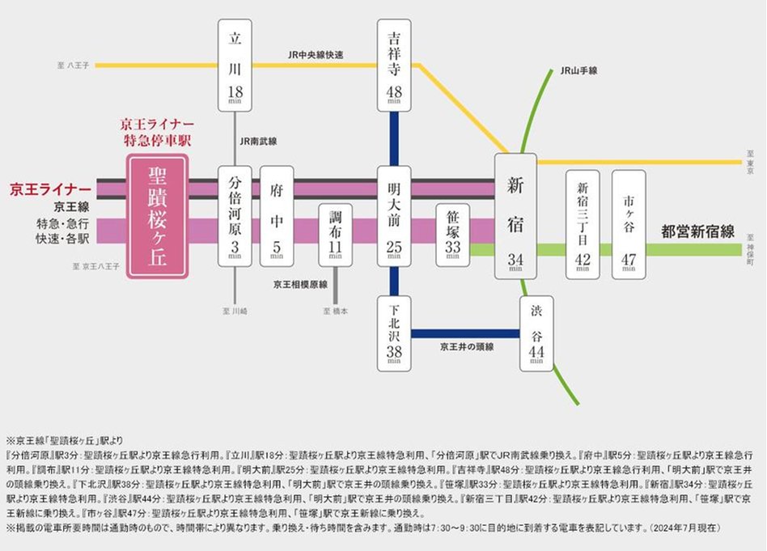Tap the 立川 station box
point(235,66)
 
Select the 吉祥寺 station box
point(394,66)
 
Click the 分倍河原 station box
point(235,216)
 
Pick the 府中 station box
point(277,216)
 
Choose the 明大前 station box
point(394,216)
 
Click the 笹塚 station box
point(452,235)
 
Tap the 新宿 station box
point(515,216)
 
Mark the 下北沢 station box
point(394,333)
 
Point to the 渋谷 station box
point(536,333)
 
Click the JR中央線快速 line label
point(316,55)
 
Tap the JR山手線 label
point(578,71)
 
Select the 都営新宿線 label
point(697,231)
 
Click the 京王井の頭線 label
point(467,346)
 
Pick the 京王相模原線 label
point(299,285)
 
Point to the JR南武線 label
point(258,141)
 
